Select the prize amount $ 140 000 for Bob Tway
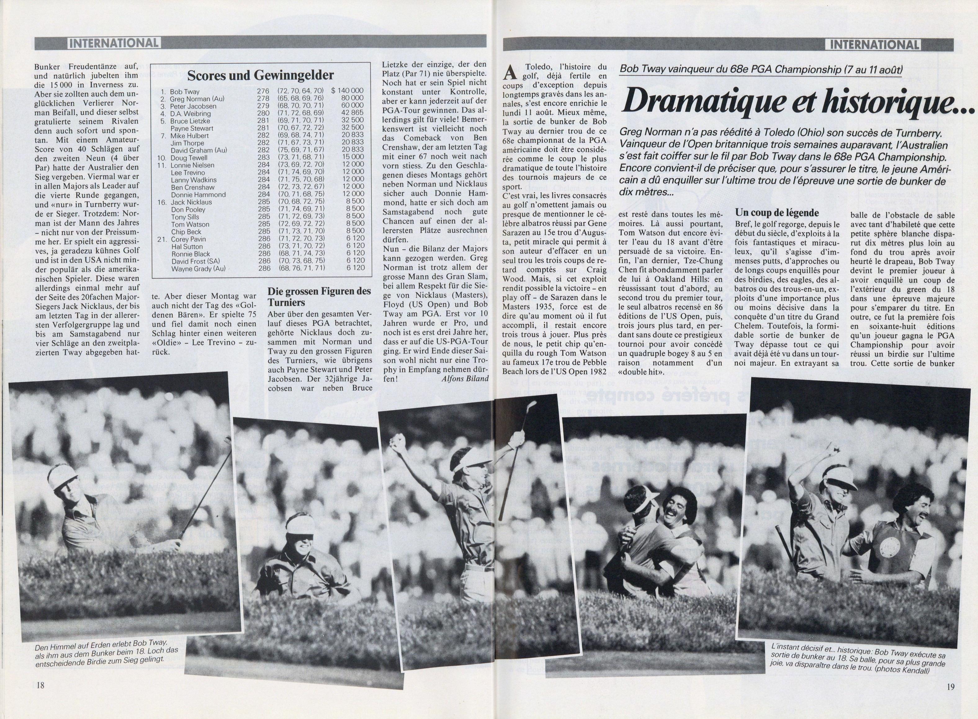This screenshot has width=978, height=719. [x=347, y=91]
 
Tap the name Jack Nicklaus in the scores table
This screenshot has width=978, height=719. [x=191, y=202]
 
